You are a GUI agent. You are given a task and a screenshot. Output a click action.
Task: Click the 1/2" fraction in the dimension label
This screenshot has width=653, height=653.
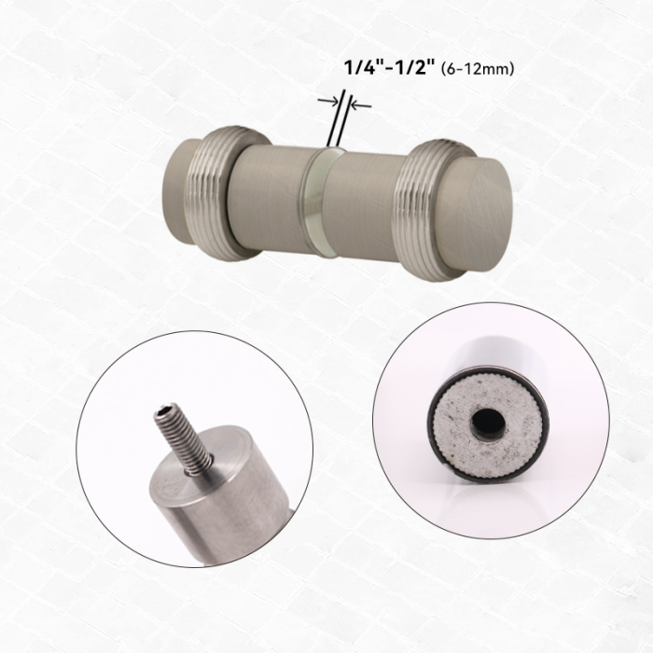coord(414,67)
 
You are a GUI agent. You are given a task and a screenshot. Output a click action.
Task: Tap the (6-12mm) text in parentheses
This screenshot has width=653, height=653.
coord(478,69)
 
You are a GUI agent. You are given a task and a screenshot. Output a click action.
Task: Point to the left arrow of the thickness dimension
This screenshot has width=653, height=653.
coord(327,101)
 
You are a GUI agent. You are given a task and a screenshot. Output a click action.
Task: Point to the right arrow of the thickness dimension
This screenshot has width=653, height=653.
coord(361,104)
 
